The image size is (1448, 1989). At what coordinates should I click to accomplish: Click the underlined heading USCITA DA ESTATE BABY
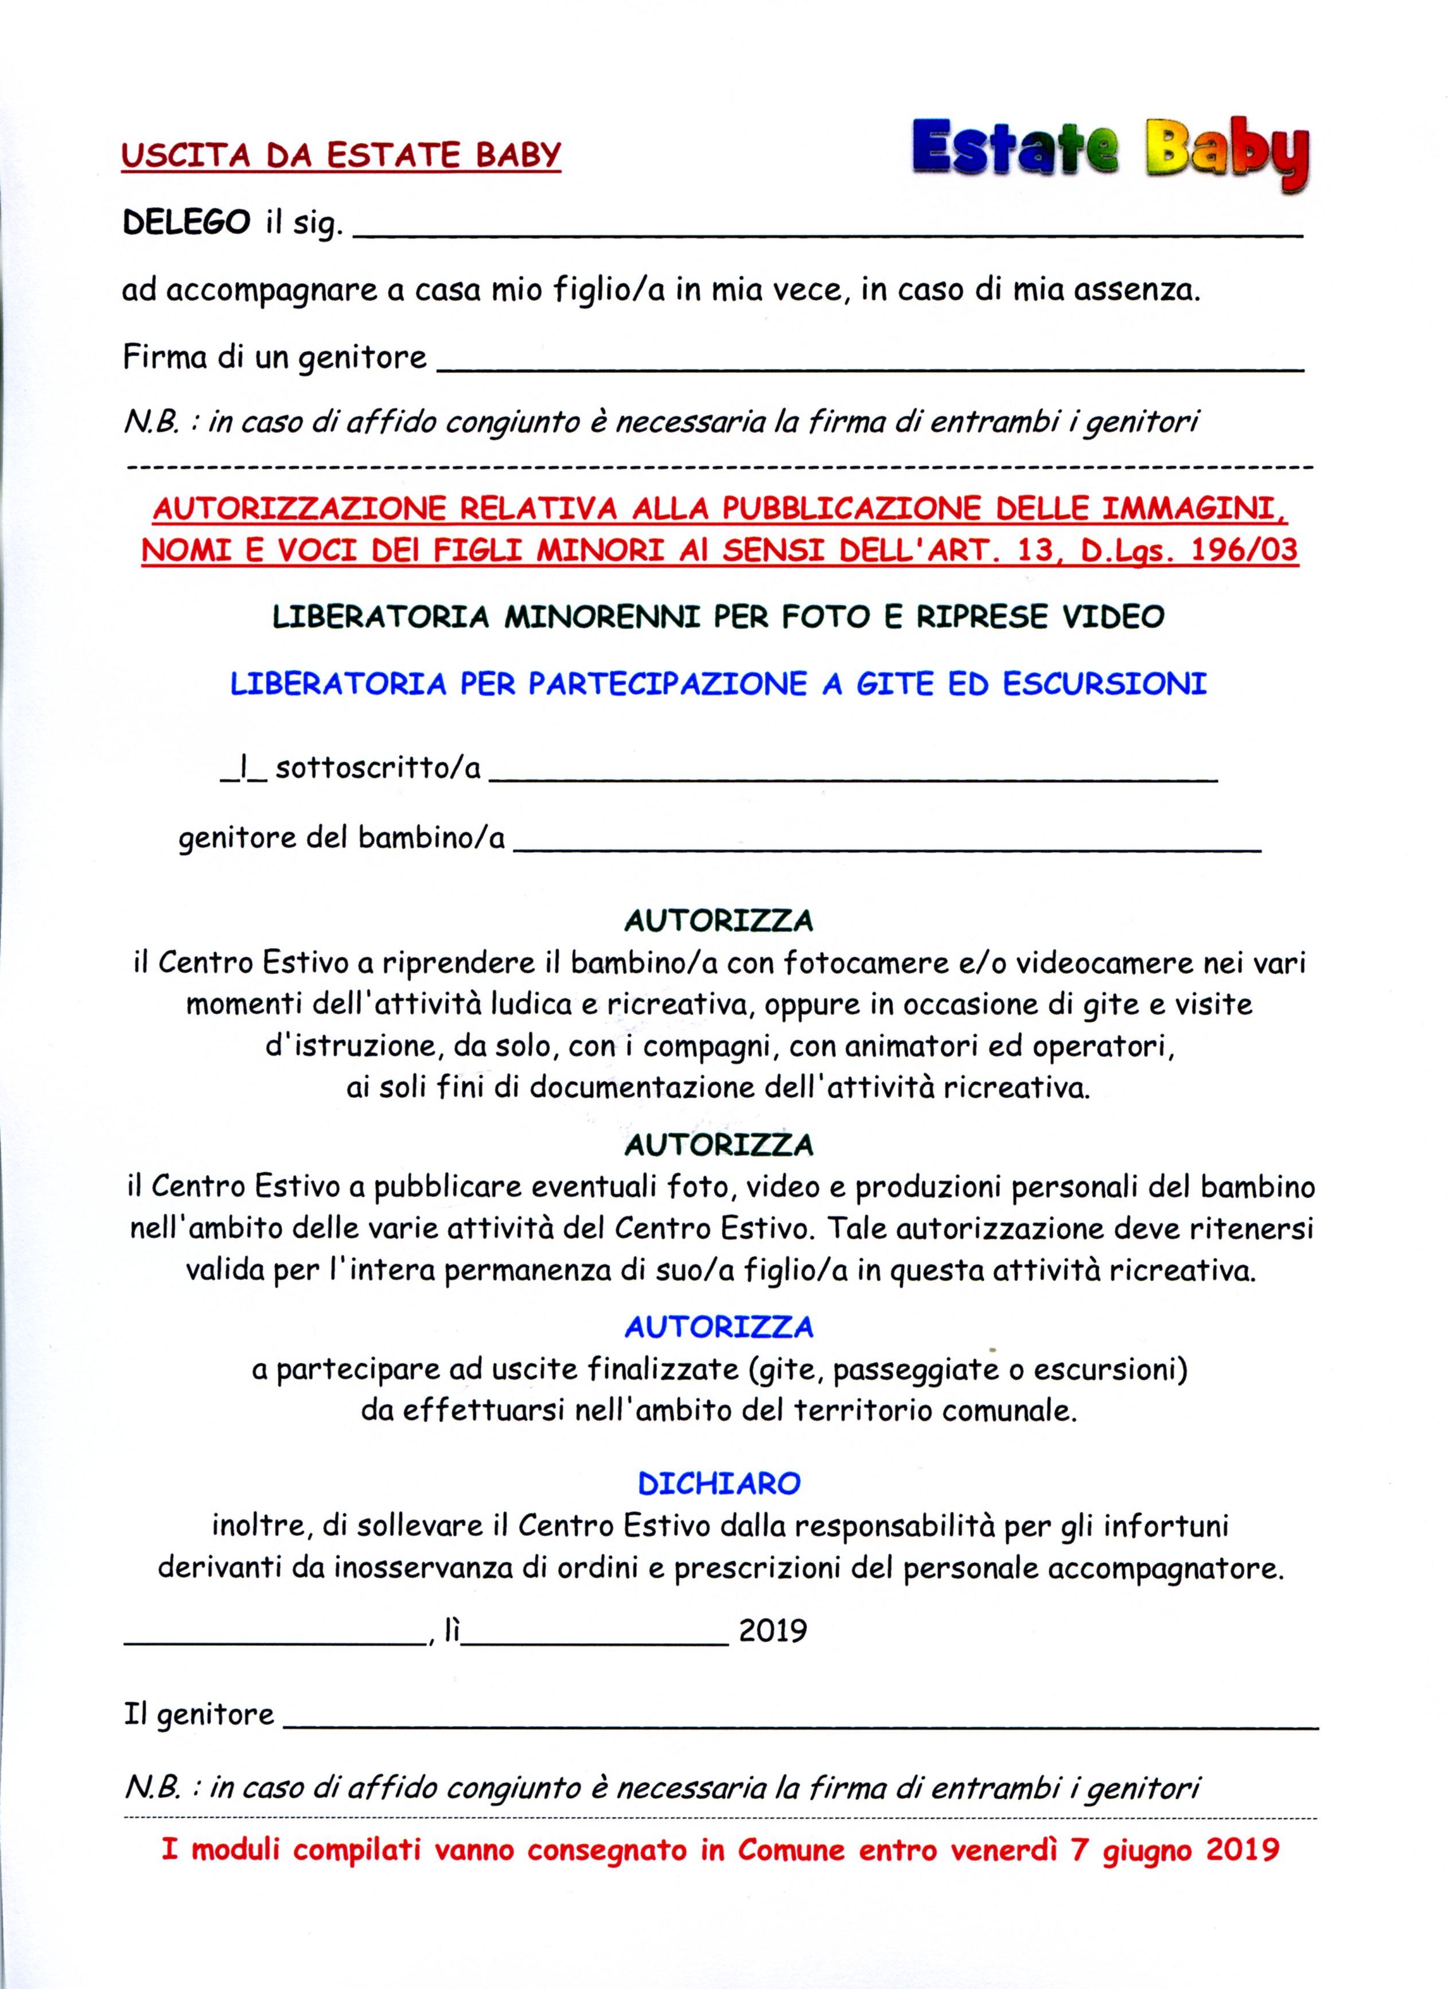[x=340, y=155]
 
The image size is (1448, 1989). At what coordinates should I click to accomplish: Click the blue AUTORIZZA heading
[x=718, y=1327]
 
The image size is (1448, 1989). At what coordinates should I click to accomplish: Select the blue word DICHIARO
[x=718, y=1483]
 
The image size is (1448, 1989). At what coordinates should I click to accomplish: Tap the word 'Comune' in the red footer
[x=790, y=1850]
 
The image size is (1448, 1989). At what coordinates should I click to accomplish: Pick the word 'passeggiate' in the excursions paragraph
[x=916, y=1369]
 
